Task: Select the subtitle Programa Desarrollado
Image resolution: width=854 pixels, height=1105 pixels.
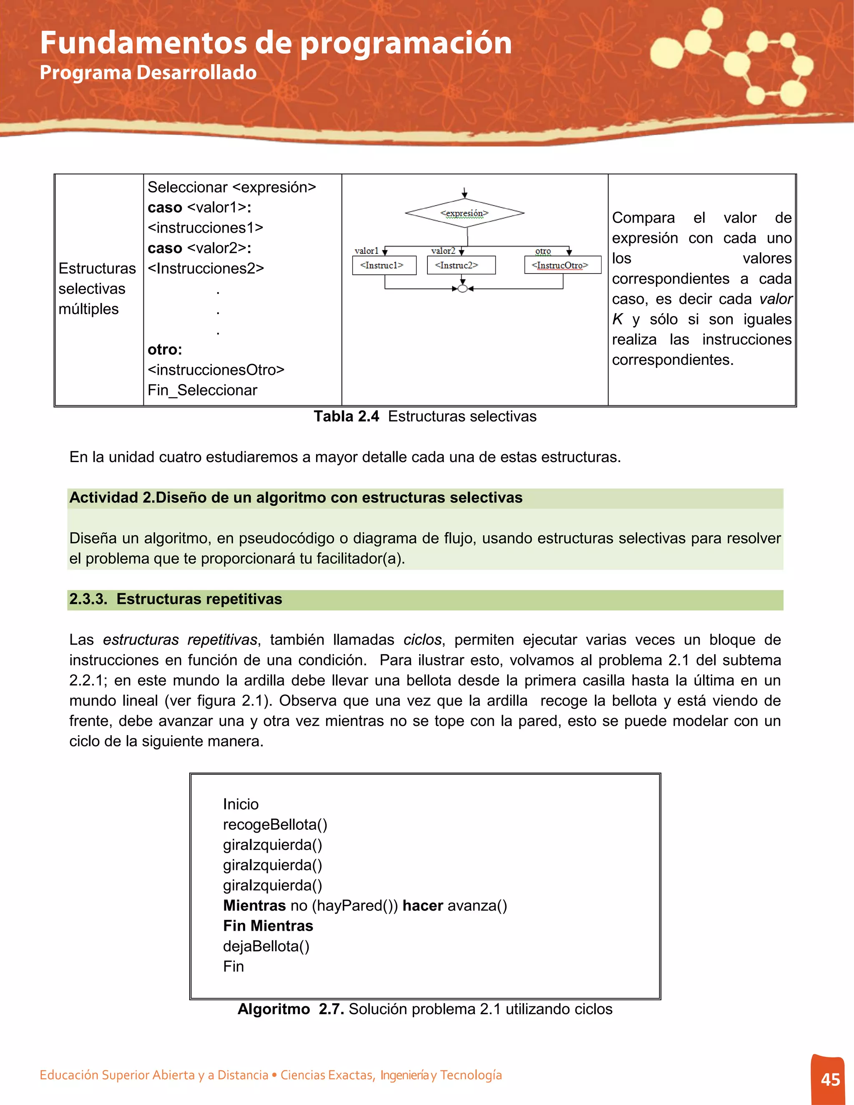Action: (x=148, y=73)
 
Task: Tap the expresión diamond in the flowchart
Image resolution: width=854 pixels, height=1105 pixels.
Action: (x=465, y=213)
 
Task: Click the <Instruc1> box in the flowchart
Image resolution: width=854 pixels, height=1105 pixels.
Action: (x=384, y=265)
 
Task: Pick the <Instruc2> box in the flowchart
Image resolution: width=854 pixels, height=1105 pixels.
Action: (x=461, y=265)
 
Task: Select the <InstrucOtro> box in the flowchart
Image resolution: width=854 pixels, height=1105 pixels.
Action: (x=563, y=265)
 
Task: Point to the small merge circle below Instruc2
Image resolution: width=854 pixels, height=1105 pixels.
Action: (x=462, y=289)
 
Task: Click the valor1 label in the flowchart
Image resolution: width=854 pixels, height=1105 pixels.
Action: (x=366, y=251)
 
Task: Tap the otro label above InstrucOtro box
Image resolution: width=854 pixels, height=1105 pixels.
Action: (x=543, y=251)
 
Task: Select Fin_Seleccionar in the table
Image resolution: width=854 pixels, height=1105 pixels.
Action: (x=202, y=390)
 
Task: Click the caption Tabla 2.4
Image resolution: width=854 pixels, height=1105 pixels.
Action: (x=346, y=417)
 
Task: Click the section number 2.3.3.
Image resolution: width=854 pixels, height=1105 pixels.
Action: (x=88, y=599)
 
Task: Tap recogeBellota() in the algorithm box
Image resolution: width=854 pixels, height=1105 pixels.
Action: (x=275, y=824)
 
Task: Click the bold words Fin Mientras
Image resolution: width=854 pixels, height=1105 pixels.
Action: (x=268, y=925)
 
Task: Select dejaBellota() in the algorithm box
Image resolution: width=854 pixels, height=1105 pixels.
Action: (x=266, y=946)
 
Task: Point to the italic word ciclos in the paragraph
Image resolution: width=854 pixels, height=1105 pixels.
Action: (x=422, y=640)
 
